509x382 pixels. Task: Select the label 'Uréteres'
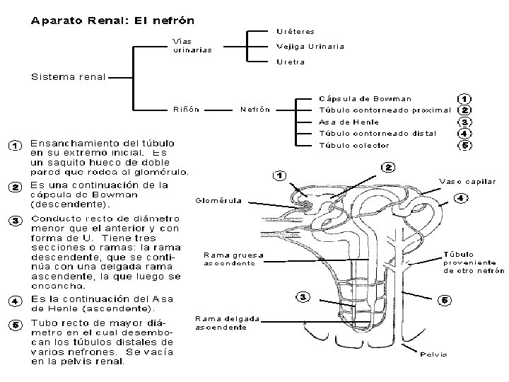[x=296, y=31]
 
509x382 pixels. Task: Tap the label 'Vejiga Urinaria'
[x=310, y=47]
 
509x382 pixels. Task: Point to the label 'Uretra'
[x=290, y=62]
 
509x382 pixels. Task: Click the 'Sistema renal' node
[x=67, y=76]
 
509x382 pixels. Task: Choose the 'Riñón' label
[x=186, y=110]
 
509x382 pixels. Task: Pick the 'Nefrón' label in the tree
[x=255, y=110]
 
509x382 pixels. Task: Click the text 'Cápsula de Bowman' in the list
[x=365, y=98]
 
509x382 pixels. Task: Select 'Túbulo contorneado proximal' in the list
[x=385, y=110]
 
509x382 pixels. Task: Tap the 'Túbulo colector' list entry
[x=354, y=145]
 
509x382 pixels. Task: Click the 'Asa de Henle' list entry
[x=349, y=122]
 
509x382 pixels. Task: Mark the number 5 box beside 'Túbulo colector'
[x=465, y=145]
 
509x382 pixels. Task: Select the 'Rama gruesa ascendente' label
[x=233, y=259]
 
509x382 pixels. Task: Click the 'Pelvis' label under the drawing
[x=433, y=354]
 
